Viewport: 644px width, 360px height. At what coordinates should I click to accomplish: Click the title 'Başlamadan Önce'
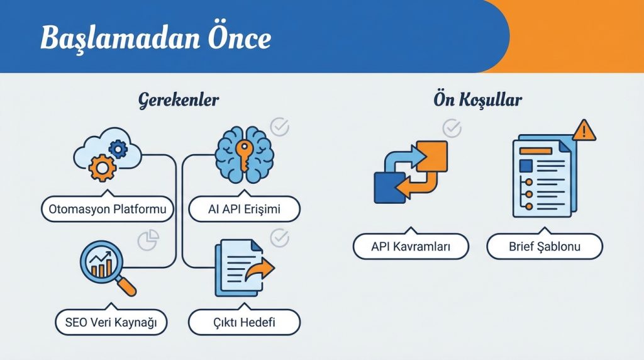click(155, 39)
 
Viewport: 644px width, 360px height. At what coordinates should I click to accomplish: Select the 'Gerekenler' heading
click(179, 100)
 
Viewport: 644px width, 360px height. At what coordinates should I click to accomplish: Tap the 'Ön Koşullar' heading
click(477, 100)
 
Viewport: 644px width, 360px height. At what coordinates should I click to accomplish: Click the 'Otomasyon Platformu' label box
click(108, 209)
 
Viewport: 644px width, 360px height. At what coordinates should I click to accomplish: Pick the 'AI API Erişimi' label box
click(244, 209)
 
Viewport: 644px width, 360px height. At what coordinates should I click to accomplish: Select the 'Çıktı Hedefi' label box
click(244, 323)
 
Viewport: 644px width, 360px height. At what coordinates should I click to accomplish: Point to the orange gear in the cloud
click(101, 167)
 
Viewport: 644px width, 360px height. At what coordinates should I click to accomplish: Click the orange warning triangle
click(584, 131)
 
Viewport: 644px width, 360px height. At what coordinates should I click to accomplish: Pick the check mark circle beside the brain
click(279, 127)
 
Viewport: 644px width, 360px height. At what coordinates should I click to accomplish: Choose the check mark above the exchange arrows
click(452, 128)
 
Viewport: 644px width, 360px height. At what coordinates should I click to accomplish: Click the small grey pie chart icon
click(148, 240)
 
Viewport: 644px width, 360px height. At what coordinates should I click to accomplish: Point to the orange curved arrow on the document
click(259, 272)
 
